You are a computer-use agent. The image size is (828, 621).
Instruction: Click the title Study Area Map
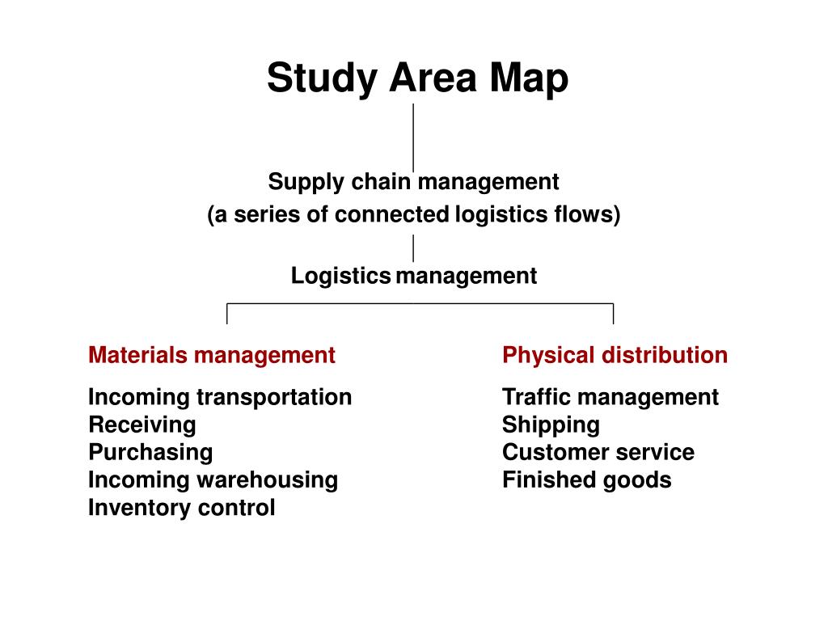coord(417,79)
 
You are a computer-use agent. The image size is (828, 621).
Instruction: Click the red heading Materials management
coord(211,355)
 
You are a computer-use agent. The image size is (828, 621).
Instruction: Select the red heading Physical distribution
coord(615,355)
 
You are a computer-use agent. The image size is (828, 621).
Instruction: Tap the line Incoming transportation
coord(220,397)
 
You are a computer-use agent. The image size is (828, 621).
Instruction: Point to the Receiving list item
coord(142,425)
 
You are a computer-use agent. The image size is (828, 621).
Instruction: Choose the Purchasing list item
coord(150,452)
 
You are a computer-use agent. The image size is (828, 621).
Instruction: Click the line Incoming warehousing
coord(213,479)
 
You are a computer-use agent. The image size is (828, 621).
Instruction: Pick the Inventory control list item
coord(181,508)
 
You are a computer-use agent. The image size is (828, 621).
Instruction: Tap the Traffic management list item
coord(610,397)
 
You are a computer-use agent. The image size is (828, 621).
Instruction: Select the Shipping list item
coord(551,425)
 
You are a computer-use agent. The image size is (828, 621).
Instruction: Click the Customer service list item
coord(598,452)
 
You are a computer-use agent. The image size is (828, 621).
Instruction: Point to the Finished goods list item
coord(586,479)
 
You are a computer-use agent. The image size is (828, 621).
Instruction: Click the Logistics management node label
coord(413,277)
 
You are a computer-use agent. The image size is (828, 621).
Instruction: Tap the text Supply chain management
coord(413,182)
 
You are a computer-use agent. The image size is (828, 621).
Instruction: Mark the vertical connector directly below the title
coord(413,137)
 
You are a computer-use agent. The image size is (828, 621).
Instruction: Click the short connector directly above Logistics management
coord(413,247)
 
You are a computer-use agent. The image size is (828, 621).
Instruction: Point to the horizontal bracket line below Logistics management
coord(420,304)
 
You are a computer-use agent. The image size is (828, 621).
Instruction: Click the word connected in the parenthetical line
coord(391,215)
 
